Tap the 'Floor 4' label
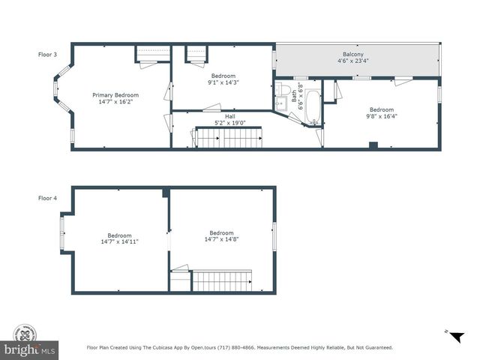click(x=47, y=198)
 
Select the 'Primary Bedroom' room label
click(x=115, y=95)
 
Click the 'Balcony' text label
click(x=353, y=55)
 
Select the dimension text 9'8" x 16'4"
click(x=381, y=116)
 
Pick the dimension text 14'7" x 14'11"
click(x=119, y=241)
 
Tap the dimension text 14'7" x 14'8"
click(x=221, y=239)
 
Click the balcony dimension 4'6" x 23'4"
click(x=353, y=61)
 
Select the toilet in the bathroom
click(x=283, y=91)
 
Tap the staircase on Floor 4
click(x=223, y=282)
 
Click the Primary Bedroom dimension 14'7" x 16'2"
click(x=115, y=102)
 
